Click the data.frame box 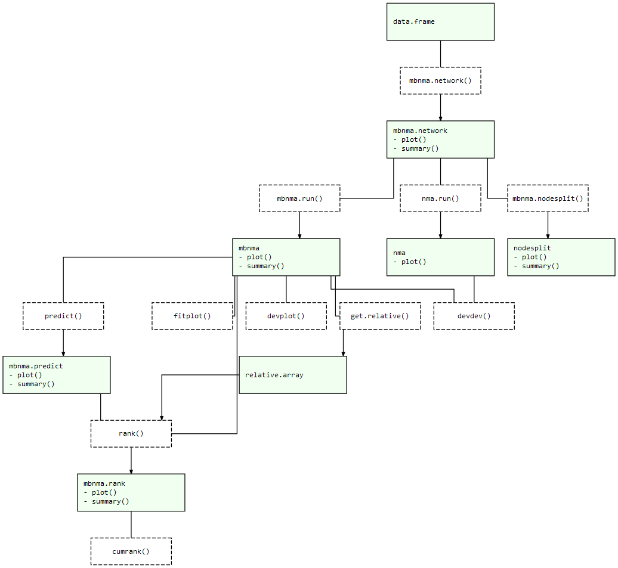(x=440, y=22)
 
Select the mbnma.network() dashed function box (x=440, y=80)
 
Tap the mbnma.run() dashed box (x=299, y=198)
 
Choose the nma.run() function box (x=440, y=198)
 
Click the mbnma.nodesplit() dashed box (x=548, y=198)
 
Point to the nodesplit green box (x=561, y=257)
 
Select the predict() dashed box (x=63, y=316)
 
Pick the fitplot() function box (x=192, y=316)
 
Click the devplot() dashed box (x=286, y=316)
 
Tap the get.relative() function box (x=380, y=316)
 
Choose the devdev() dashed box (x=474, y=316)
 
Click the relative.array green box (x=292, y=375)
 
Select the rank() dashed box (x=131, y=433)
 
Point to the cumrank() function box (x=131, y=551)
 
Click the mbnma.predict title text (x=36, y=366)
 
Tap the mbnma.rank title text (x=104, y=484)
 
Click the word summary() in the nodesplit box (x=540, y=266)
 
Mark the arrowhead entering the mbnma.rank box (x=131, y=471)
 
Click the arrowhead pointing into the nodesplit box (x=548, y=236)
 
